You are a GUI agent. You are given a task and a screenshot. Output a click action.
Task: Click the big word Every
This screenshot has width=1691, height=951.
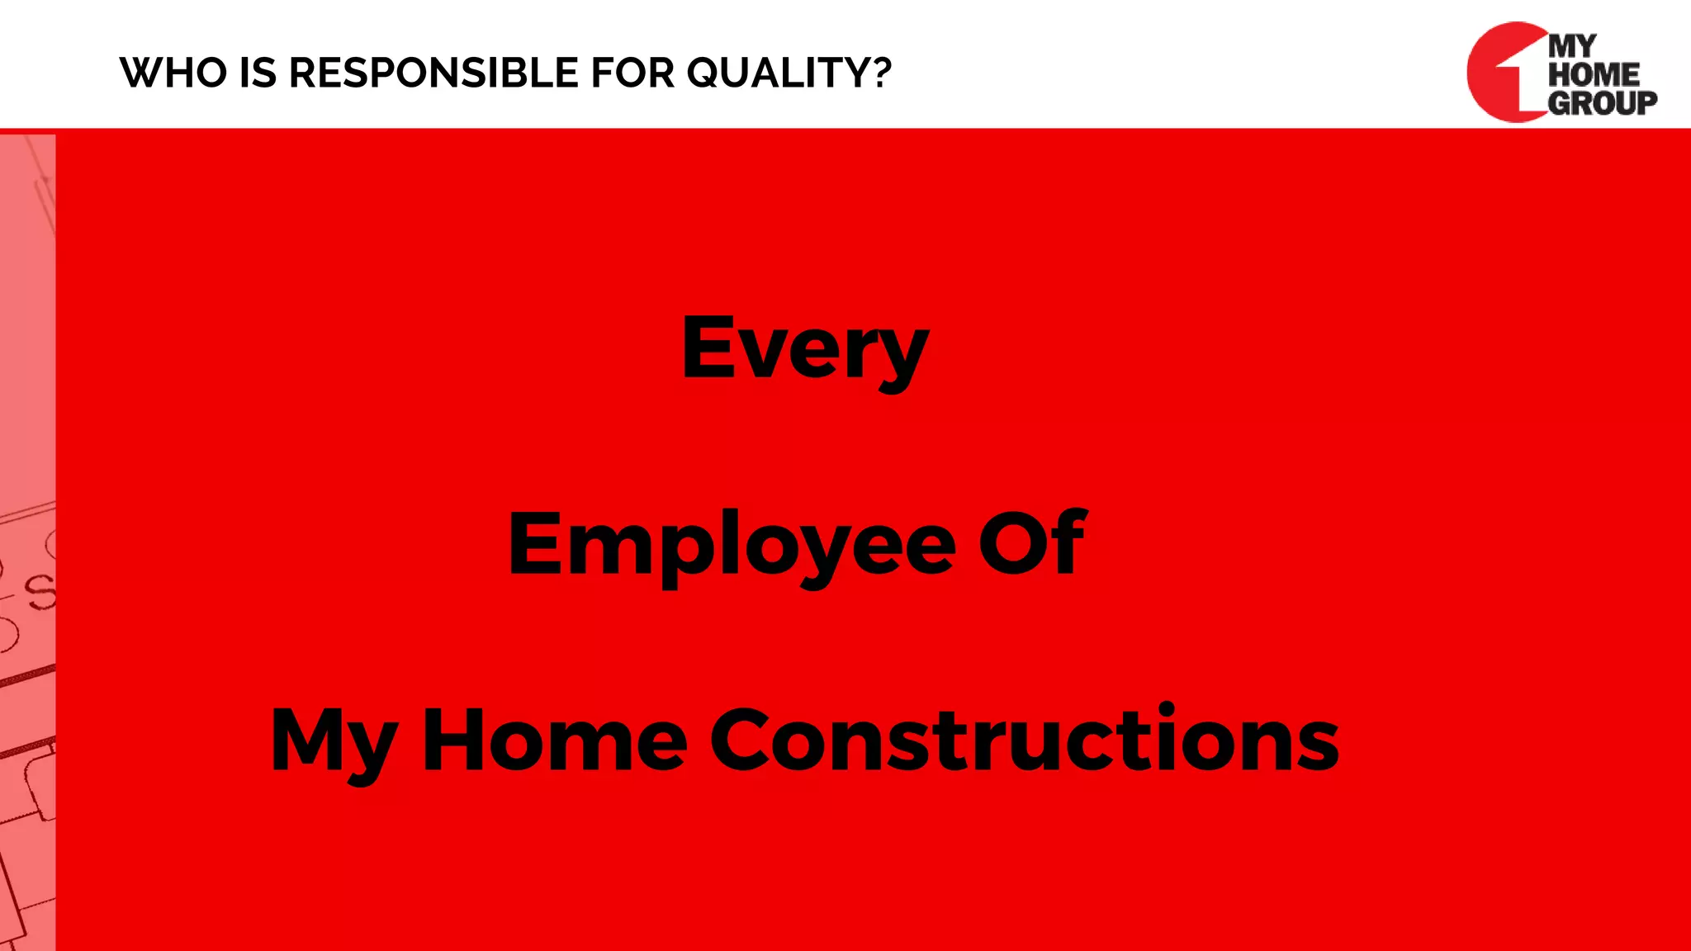[x=805, y=348]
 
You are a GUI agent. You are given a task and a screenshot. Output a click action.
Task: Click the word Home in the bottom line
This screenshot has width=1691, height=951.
[x=554, y=740]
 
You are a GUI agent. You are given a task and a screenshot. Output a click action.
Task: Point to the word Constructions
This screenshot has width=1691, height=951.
[x=1024, y=740]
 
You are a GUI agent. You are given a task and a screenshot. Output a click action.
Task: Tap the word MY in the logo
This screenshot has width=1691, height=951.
[x=1572, y=46]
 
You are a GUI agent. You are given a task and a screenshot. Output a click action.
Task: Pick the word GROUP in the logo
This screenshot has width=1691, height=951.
[x=1602, y=102]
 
